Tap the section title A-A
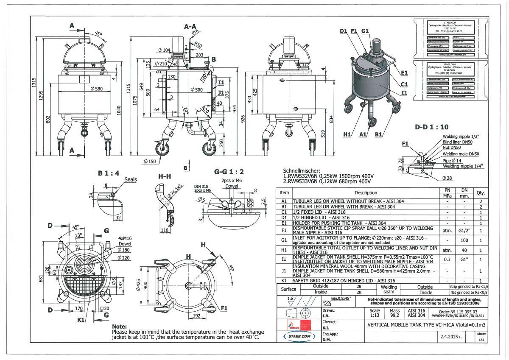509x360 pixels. pos(190,26)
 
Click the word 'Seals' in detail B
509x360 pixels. pos(130,180)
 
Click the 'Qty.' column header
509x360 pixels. pos(481,193)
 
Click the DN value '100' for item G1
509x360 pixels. pos(465,240)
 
